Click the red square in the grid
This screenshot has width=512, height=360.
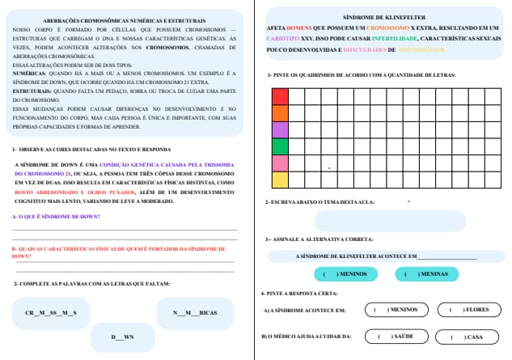coord(279,96)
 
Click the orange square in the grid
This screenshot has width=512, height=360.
coord(279,113)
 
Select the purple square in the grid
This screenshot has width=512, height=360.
coord(279,129)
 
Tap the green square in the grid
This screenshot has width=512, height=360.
coord(279,146)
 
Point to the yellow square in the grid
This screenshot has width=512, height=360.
coord(279,180)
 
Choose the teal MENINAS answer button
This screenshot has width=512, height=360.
coord(426,274)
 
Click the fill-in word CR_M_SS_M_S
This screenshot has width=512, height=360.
coord(51,312)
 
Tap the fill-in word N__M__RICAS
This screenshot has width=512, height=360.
coord(195,312)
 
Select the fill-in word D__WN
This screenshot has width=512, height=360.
coord(123,337)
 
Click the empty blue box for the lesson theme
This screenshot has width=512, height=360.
coord(389,221)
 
